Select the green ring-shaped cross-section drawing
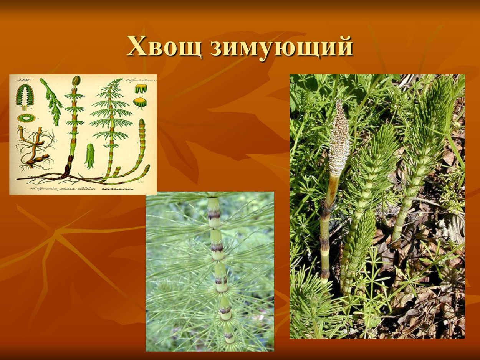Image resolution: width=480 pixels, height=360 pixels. pos(26,117)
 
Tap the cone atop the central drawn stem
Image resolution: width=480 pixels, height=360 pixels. pos(76,81)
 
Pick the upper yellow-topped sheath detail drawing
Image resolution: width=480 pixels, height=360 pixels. pos(141,89)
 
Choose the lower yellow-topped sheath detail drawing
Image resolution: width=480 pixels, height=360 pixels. pos(140,102)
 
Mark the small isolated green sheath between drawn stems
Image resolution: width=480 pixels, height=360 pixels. pos(90,155)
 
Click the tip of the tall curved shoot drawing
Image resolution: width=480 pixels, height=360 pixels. pos(142,122)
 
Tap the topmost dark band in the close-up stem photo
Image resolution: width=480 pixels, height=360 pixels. pos(214,215)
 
